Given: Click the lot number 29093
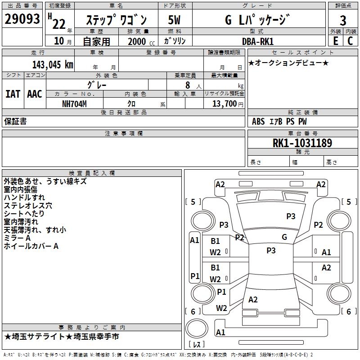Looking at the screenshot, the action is coord(22,19).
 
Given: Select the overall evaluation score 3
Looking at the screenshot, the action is coord(343,20).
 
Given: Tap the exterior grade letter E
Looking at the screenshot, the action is coord(335,40).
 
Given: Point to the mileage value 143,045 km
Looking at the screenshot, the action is coord(53,64).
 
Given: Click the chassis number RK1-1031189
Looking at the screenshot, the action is coord(302,143).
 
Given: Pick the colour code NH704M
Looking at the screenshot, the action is coord(74,103).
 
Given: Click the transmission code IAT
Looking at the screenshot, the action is coord(13,94).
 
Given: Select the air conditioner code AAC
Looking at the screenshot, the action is coord(34,94).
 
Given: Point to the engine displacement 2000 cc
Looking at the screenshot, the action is coord(140,41).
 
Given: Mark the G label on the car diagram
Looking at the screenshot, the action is coord(284,237).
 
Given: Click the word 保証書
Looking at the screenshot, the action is coord(15,121).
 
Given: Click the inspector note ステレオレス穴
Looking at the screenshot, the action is coord(28,206).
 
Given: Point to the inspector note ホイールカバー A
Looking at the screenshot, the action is coord(31,246).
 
